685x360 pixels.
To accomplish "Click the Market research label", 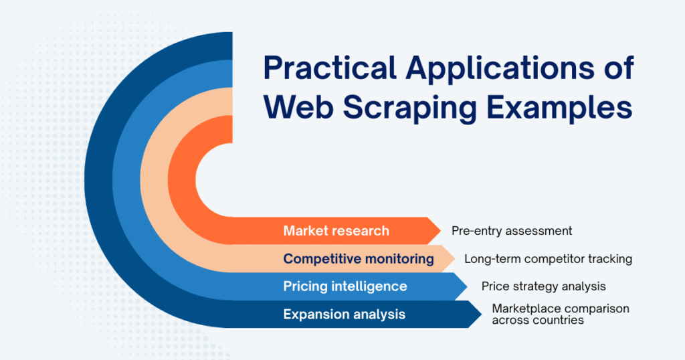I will tap(336, 231).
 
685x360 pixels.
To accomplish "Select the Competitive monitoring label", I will tap(359, 259).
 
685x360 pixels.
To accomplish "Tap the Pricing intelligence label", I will tap(345, 286).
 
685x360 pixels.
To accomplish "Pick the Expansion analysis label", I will tap(344, 314).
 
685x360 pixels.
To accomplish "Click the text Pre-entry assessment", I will tap(512, 231).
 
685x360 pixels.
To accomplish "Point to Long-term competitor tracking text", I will tap(549, 259).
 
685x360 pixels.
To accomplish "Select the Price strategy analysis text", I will tap(544, 286).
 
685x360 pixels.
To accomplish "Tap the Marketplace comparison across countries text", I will tap(561, 314).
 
